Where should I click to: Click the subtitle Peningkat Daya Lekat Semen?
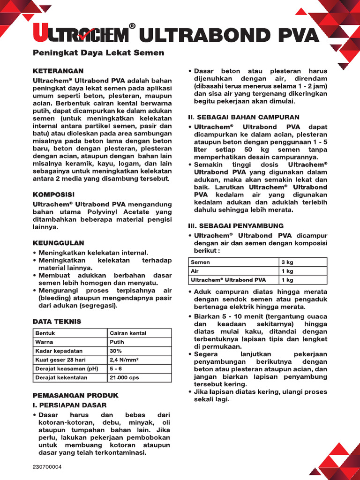[x=98, y=53]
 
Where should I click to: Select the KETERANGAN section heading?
[x=58, y=71]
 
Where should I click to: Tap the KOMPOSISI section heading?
[x=53, y=194]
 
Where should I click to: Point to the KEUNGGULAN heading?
[x=58, y=243]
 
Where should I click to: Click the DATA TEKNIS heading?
[x=57, y=321]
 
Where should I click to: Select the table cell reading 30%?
[x=116, y=351]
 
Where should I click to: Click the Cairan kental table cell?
[x=128, y=333]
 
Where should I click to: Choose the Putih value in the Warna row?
[x=117, y=342]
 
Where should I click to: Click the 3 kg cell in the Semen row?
[x=287, y=262]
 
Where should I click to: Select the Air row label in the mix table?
[x=195, y=271]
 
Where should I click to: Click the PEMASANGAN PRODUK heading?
[x=75, y=395]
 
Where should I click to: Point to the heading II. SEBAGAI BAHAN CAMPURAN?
[x=243, y=117]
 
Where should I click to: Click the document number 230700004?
[x=47, y=467]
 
